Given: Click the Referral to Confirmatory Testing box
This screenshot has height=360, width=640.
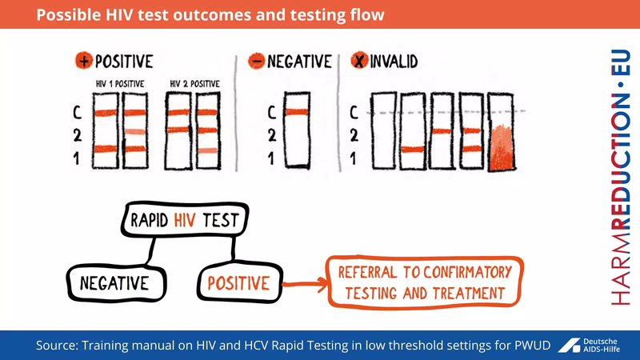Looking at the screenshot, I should click(x=424, y=282).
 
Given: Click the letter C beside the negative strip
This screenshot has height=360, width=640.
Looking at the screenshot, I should click(x=271, y=113).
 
